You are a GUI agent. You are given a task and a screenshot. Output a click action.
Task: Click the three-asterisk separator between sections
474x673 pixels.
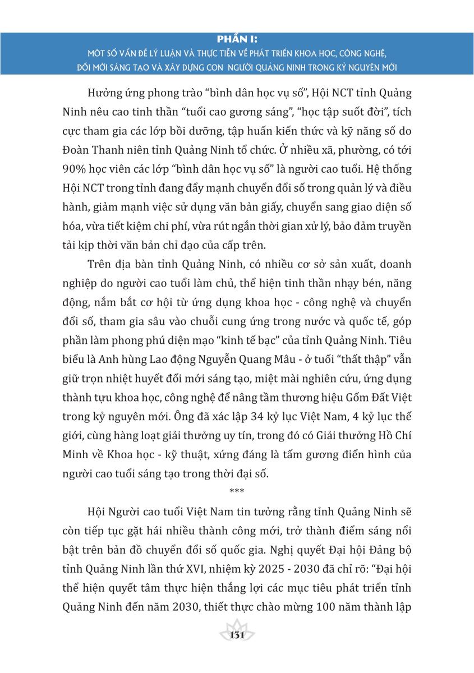pyautogui.click(x=236, y=492)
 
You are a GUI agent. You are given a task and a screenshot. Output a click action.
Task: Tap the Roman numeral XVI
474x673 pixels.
pyautogui.click(x=208, y=568)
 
